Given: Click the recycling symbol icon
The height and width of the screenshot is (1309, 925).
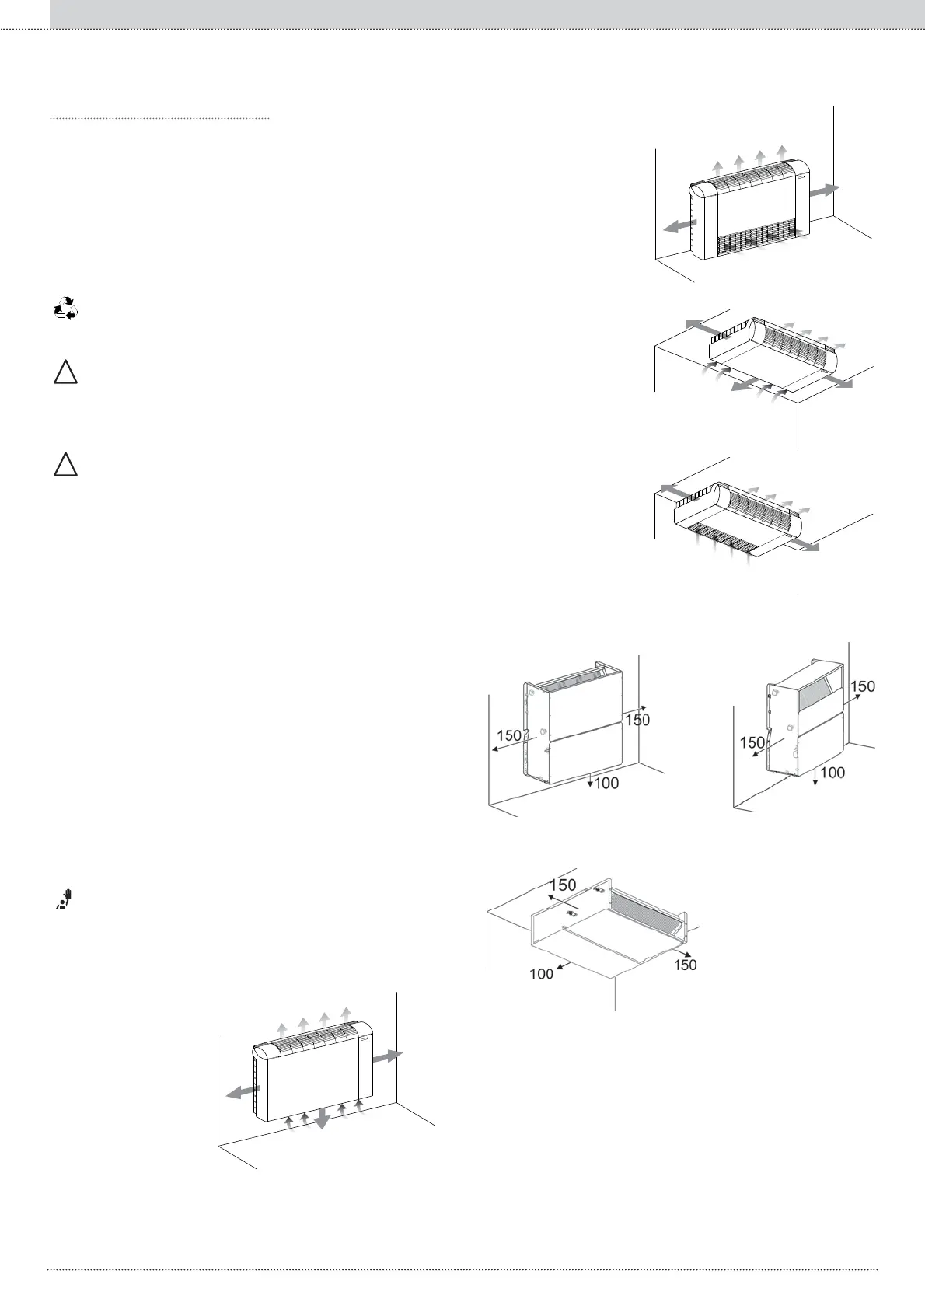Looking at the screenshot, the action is [66, 309].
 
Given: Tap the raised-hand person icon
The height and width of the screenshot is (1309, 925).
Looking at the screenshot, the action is [67, 899].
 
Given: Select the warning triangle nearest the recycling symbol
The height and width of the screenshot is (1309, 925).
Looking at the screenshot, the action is [66, 373].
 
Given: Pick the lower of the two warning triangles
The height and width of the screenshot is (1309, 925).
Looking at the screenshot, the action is [66, 465].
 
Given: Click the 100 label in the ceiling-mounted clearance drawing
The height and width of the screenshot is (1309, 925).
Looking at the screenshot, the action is [541, 973].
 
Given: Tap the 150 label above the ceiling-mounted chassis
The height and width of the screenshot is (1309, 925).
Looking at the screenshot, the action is [563, 885].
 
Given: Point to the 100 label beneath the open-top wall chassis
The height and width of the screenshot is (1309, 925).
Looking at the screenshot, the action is [606, 783].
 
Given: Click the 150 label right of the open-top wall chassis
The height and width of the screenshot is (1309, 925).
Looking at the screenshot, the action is [637, 720].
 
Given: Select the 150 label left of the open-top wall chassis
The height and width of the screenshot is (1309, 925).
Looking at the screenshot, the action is [509, 735].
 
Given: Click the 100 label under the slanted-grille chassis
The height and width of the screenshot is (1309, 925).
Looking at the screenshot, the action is [832, 773].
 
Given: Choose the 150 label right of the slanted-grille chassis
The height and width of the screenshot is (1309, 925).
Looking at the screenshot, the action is [863, 686].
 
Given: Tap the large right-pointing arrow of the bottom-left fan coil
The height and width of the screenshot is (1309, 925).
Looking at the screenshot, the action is [389, 1056].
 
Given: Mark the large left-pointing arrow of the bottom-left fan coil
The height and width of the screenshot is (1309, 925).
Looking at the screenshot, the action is [240, 1092].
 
